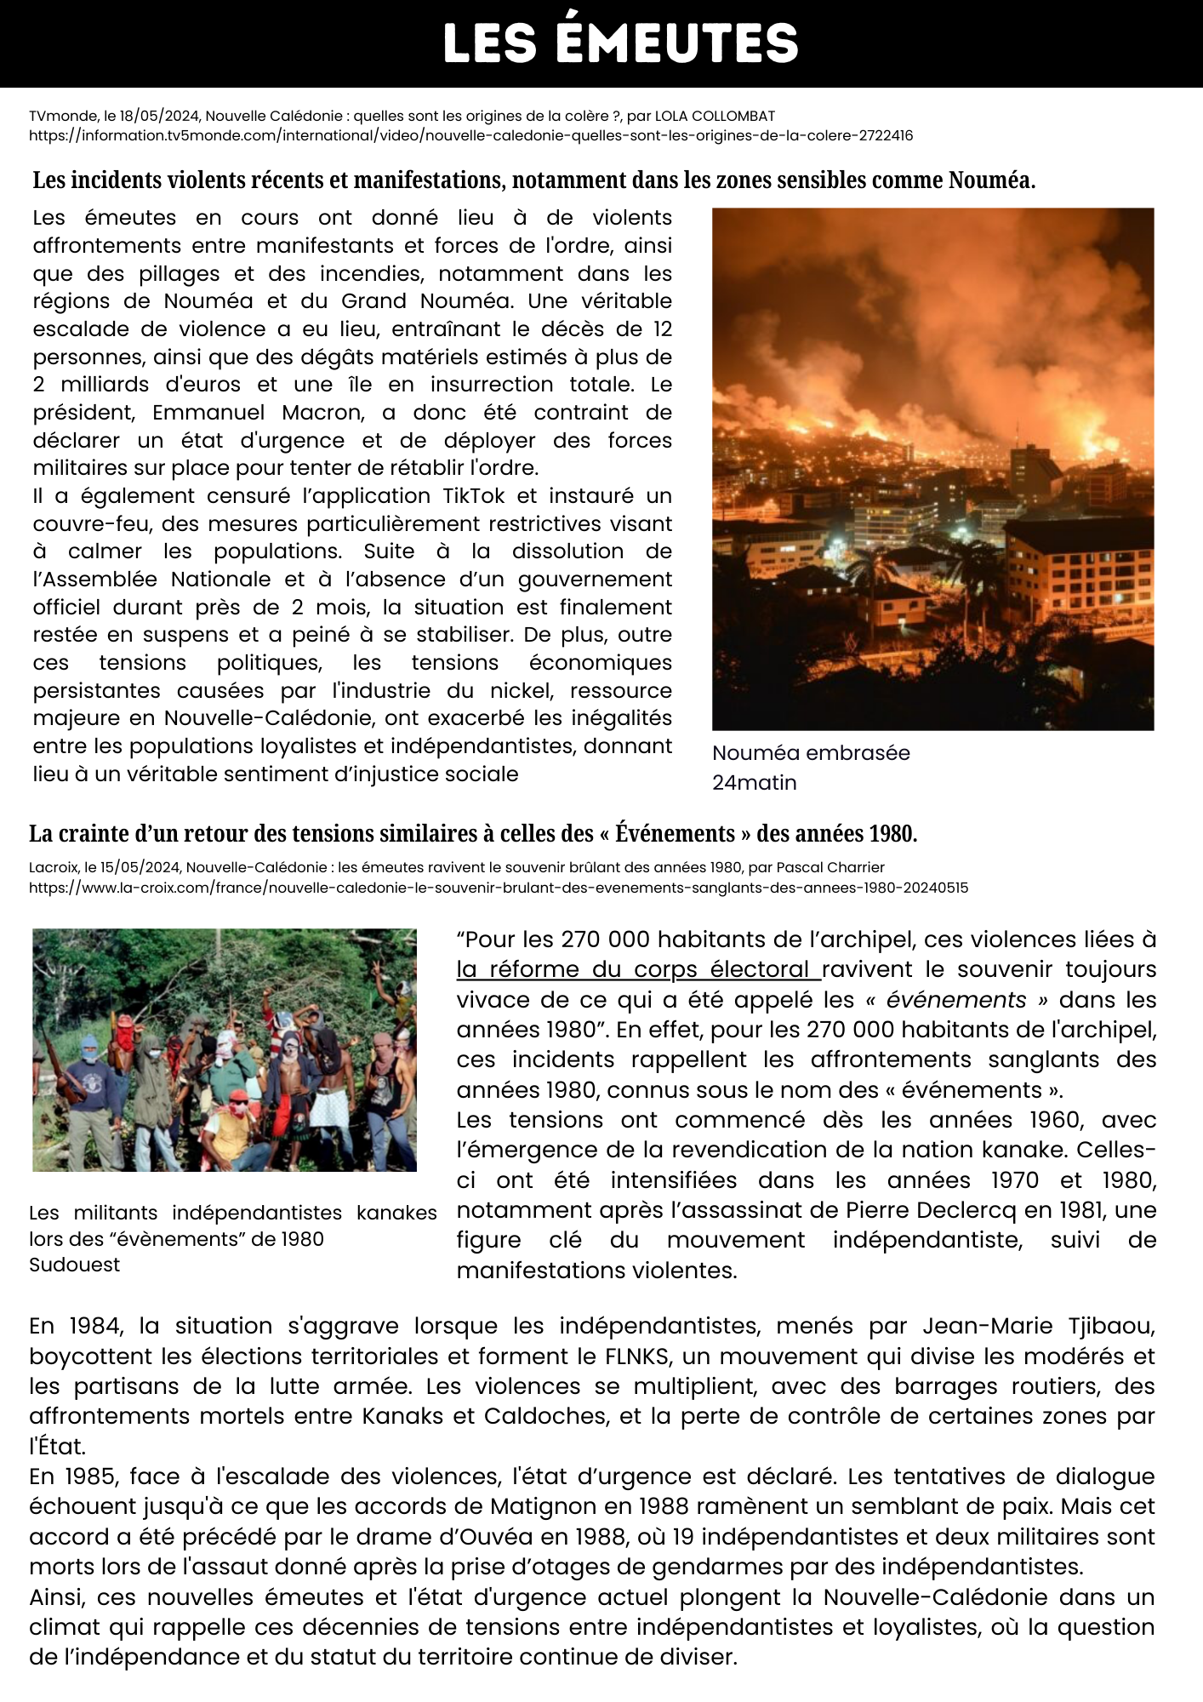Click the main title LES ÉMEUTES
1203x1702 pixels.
point(620,43)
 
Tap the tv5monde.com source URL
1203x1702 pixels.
point(470,135)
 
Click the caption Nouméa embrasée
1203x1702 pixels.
point(810,753)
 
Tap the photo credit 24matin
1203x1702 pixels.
point(754,783)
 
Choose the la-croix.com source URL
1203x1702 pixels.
point(498,888)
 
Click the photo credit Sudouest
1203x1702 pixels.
point(74,1265)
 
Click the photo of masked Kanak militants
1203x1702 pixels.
point(225,1049)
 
